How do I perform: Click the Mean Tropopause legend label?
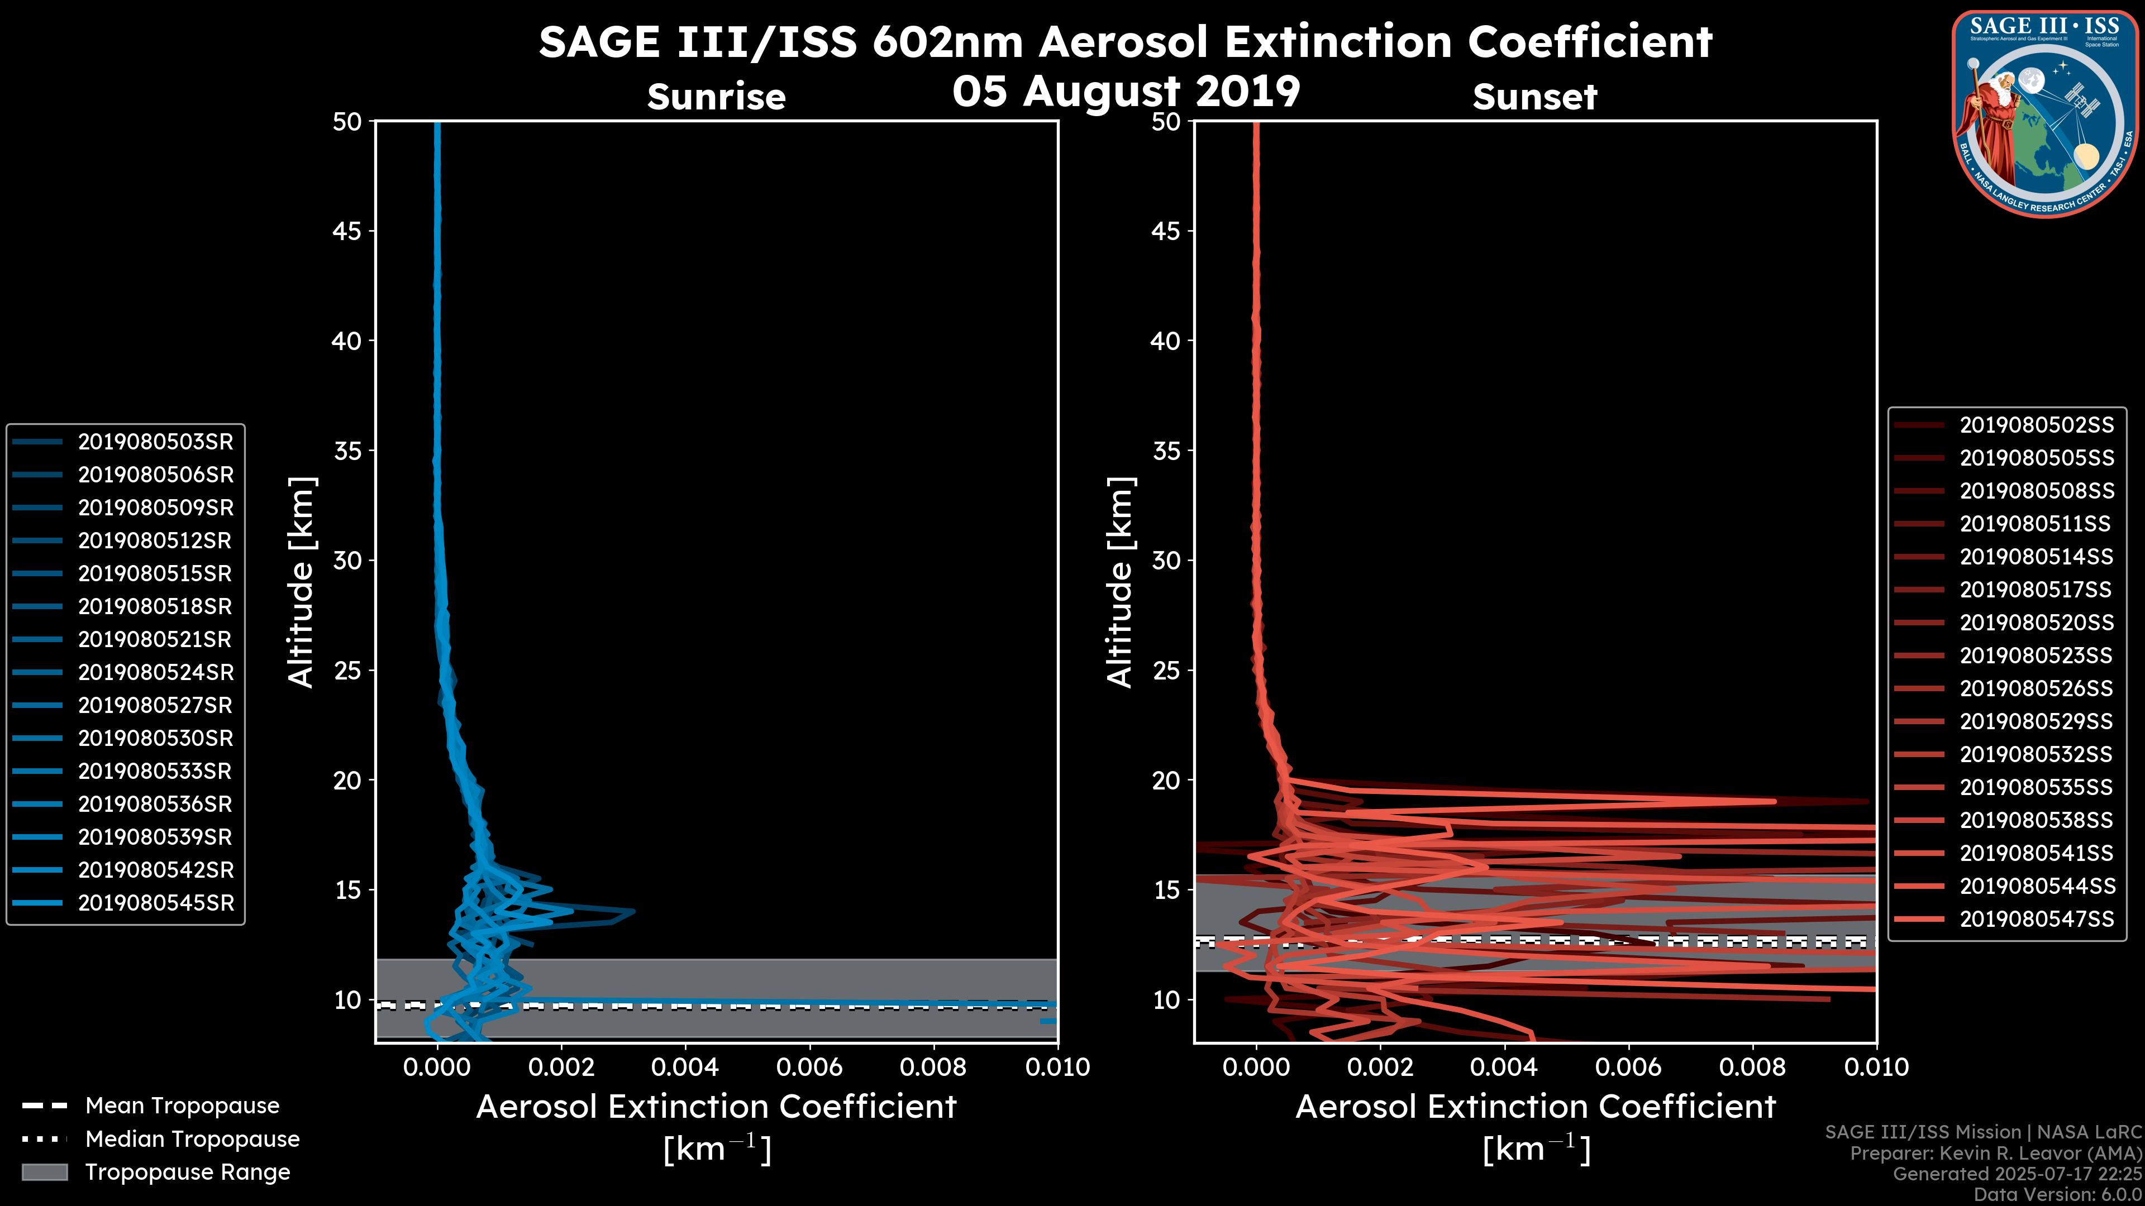182,1105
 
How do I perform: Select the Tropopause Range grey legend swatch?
44,1172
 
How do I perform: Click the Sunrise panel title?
716,97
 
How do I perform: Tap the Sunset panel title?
1534,97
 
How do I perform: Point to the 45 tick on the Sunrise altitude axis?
347,231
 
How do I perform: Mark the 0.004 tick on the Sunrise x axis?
685,1067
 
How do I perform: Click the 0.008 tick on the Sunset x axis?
1753,1067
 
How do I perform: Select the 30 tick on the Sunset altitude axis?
1166,560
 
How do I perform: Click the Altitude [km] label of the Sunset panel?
1120,582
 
